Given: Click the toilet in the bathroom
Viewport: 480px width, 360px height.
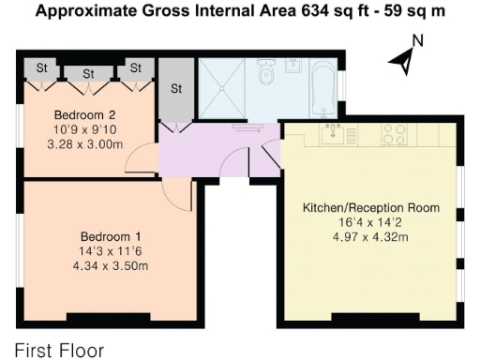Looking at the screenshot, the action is tap(266, 71).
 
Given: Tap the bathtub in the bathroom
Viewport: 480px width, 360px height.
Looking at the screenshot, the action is tap(323, 89).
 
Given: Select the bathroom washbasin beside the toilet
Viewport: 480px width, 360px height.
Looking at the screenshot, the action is tap(293, 66).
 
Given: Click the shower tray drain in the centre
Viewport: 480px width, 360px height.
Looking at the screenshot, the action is tap(222, 89).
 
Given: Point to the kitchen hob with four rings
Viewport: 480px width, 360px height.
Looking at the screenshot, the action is tap(395, 134).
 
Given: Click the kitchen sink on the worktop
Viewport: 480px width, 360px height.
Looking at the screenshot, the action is tap(333, 134).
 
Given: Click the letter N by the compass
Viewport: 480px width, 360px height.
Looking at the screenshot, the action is tap(418, 40).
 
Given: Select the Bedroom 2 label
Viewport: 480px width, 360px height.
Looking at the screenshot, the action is tap(84, 115).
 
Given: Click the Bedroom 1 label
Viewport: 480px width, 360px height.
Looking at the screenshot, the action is tap(111, 236).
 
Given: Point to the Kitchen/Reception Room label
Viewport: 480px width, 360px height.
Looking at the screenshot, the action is tap(371, 208).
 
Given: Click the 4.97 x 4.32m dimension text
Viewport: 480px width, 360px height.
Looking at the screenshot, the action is tap(370, 237).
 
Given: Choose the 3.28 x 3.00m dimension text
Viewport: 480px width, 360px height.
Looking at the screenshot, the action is tap(85, 144).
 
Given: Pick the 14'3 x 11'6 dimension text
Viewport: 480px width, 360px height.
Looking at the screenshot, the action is tap(111, 251).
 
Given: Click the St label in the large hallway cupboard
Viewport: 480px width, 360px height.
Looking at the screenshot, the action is tap(176, 89).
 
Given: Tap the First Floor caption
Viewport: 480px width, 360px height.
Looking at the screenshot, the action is tap(59, 351).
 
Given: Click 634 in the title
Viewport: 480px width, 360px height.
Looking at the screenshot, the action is tap(316, 11).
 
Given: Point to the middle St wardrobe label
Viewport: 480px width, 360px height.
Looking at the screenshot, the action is tap(88, 74).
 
